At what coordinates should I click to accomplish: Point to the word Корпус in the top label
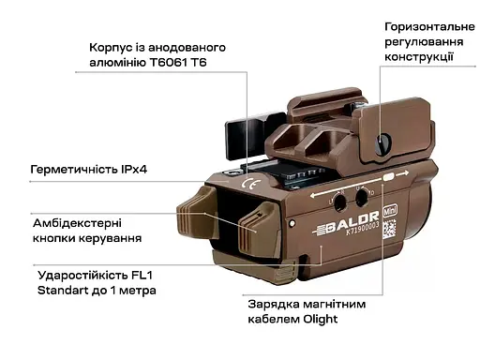point(112,47)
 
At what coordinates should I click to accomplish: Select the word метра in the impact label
point(138,292)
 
